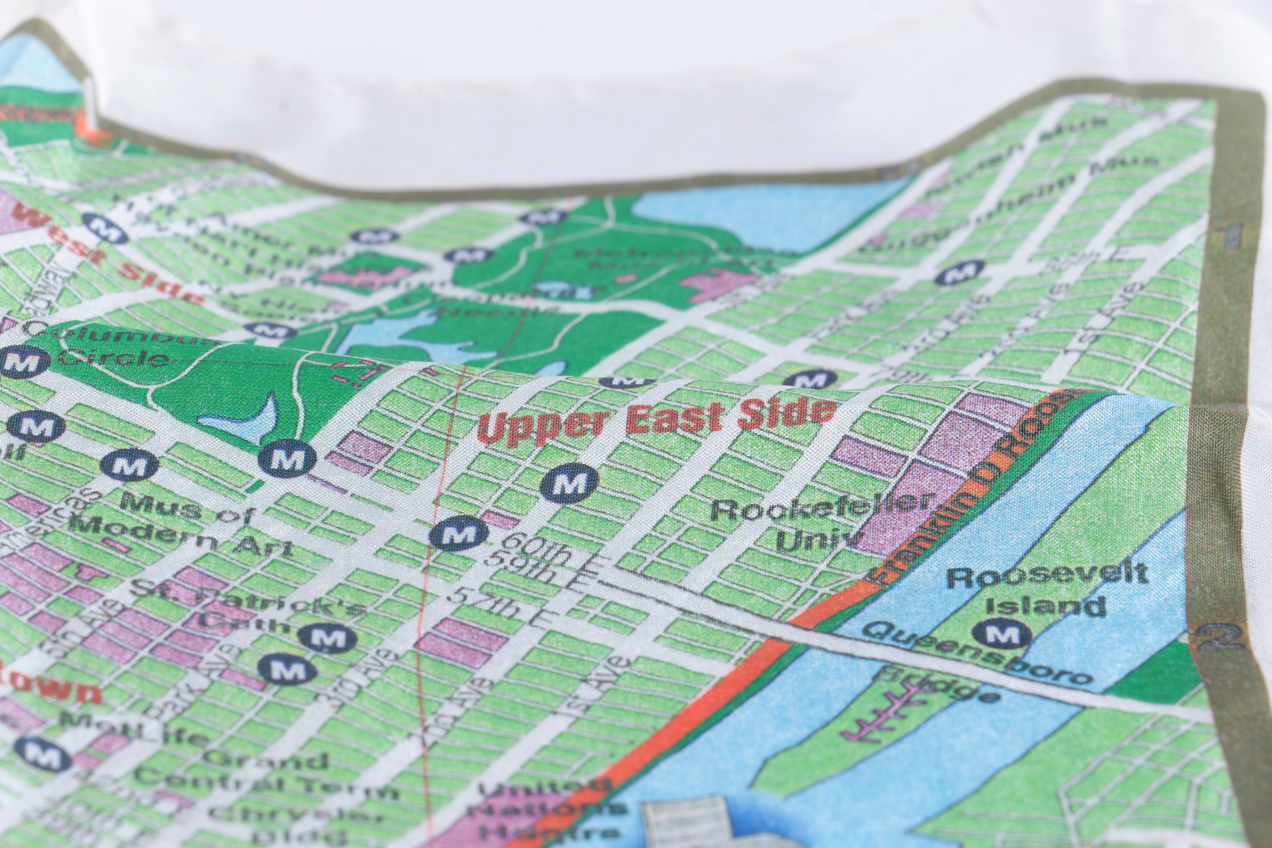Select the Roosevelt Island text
click(1047, 590)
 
